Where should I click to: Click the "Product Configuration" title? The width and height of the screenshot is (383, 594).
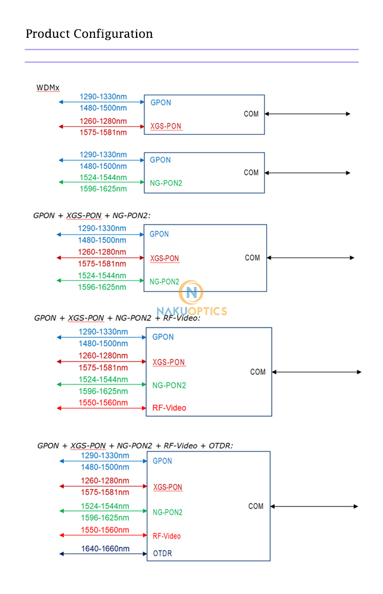click(89, 34)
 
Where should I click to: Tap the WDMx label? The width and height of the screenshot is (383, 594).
click(48, 88)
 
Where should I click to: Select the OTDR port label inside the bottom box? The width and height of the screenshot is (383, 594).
click(162, 553)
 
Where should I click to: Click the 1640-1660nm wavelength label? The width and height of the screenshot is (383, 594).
click(105, 549)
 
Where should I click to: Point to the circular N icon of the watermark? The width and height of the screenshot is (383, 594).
click(191, 292)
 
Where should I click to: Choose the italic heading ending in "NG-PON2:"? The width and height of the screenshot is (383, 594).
click(91, 215)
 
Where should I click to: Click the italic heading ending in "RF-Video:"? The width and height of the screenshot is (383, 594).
click(117, 318)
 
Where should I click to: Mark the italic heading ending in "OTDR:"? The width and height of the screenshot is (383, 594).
click(135, 446)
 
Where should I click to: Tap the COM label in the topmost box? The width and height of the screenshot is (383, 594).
click(251, 114)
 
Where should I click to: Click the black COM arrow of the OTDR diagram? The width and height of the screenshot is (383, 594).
click(314, 506)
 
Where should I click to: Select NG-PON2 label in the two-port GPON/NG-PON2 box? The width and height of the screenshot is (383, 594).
click(166, 183)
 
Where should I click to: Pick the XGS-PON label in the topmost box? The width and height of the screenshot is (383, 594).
click(166, 126)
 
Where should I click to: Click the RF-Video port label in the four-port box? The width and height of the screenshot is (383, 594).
click(169, 408)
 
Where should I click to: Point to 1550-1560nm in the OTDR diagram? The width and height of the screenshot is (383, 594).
click(105, 530)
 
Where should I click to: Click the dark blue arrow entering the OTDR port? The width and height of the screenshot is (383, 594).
click(103, 554)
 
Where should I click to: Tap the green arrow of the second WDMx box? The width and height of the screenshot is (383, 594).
click(101, 182)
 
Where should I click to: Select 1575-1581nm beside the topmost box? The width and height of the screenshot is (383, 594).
click(103, 132)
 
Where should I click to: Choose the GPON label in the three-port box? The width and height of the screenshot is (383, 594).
click(159, 234)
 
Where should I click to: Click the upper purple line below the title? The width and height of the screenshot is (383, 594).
click(191, 49)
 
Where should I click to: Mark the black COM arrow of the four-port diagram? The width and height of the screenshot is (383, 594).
click(316, 372)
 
